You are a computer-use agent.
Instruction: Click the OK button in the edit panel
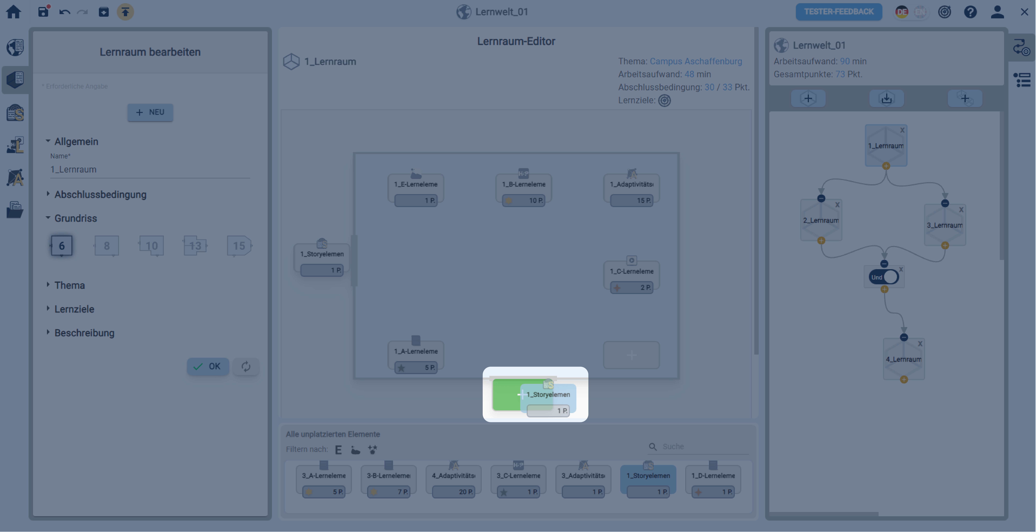pos(207,366)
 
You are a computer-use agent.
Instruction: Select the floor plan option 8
pos(107,246)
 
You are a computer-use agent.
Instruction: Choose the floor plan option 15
pos(239,246)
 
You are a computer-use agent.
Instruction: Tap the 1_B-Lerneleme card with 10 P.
pos(523,189)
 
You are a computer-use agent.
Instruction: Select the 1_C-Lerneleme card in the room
pos(631,276)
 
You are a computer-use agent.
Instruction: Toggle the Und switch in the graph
pos(884,277)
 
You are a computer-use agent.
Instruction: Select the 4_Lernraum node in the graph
pos(903,359)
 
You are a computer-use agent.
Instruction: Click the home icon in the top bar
pos(13,12)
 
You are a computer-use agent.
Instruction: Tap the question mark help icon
pos(970,12)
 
